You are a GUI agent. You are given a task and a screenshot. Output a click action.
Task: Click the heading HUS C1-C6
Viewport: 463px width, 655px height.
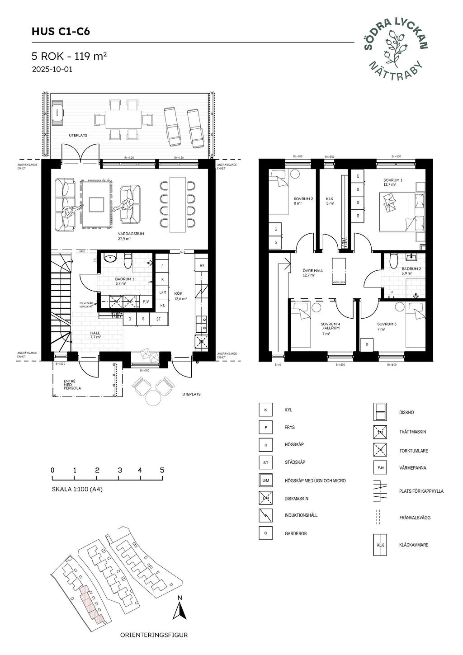(61, 32)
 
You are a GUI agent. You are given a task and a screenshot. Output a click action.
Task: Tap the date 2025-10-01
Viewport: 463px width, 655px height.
(52, 70)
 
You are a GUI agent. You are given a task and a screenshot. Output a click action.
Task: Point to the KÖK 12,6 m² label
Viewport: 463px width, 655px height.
(180, 296)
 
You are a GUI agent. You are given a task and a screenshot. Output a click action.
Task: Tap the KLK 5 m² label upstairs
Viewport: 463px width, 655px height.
(330, 201)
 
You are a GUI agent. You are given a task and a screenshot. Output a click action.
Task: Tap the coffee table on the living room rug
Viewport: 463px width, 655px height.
(97, 204)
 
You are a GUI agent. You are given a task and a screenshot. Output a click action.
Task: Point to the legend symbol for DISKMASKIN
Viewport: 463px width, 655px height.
(266, 498)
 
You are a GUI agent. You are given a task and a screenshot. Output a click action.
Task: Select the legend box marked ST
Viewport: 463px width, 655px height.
(266, 462)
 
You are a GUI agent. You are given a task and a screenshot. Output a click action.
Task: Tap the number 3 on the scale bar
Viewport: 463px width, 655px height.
(119, 470)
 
